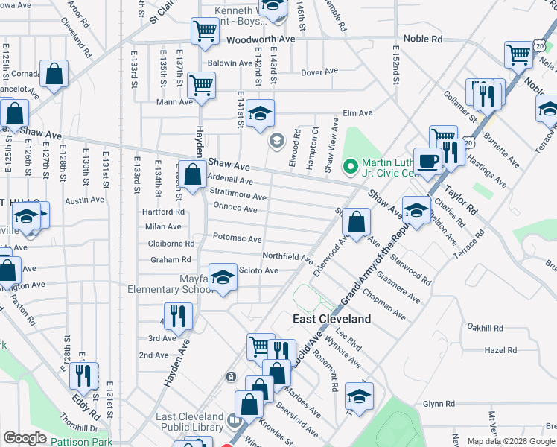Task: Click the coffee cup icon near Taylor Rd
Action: click(x=427, y=162)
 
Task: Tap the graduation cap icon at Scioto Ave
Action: click(x=222, y=278)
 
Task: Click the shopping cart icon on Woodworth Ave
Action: click(x=204, y=31)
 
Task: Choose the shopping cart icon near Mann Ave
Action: click(x=201, y=85)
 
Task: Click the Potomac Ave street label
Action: click(x=237, y=239)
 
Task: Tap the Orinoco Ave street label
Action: click(x=235, y=209)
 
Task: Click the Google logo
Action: click(x=25, y=438)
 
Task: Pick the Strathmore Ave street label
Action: click(x=238, y=196)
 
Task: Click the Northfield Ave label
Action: click(x=287, y=256)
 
